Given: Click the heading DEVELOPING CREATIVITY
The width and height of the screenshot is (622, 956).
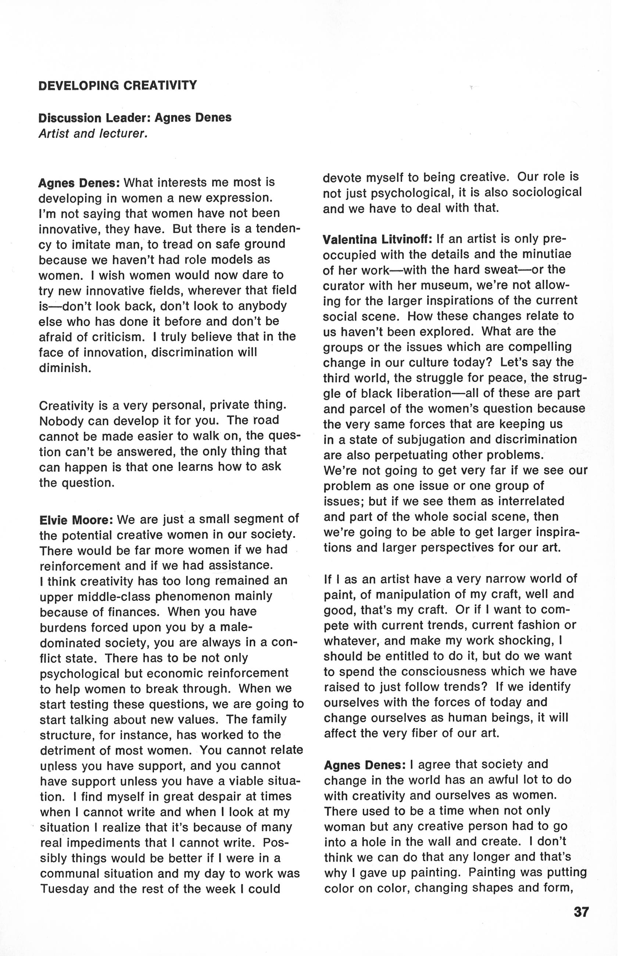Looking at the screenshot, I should pyautogui.click(x=117, y=86).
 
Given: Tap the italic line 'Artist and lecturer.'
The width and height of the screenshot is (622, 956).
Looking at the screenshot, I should pyautogui.click(x=93, y=133).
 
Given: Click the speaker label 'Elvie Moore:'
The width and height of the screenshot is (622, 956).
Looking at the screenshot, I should pyautogui.click(x=76, y=520).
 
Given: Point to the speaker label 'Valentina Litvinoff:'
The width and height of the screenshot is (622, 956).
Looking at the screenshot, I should pyautogui.click(x=377, y=239).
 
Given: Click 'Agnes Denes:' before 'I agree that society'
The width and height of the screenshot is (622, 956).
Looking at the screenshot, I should pyautogui.click(x=364, y=765).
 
